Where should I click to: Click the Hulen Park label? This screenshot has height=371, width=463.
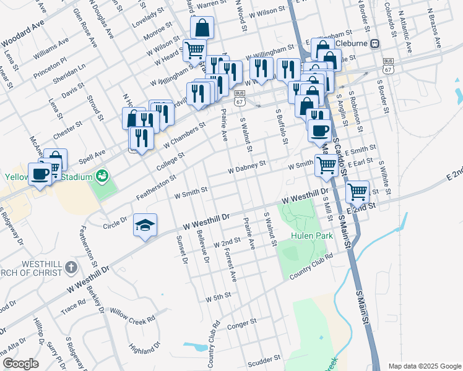312,236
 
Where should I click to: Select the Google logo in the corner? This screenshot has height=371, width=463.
21,364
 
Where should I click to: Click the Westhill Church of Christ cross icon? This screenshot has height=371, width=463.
71,268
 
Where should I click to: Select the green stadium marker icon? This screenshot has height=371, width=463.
102,176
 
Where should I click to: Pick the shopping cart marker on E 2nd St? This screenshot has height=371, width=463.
357,191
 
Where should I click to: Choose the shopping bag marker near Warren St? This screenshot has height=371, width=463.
202,28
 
